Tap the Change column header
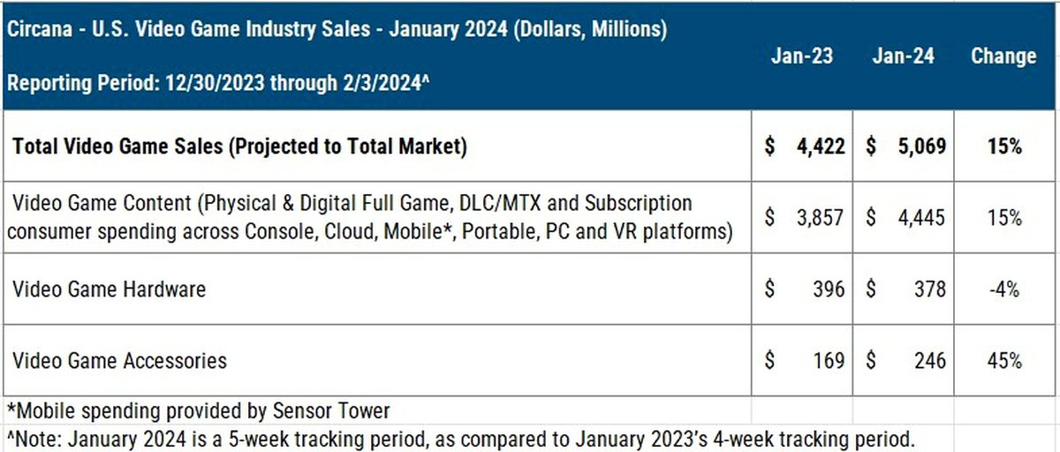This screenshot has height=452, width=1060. coord(1003,56)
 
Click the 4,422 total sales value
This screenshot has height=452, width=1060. coord(816,147)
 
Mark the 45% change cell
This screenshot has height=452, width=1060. coord(1004,360)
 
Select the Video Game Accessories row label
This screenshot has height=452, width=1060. coord(119,360)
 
